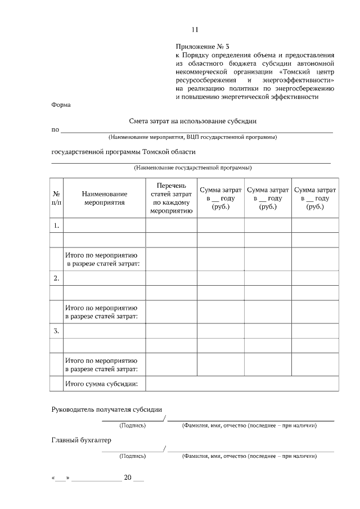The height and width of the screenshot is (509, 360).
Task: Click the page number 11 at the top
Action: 195,30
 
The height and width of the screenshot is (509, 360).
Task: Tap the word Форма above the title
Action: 61,105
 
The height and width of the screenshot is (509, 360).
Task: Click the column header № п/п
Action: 57,198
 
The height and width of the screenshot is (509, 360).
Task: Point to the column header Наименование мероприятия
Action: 104,198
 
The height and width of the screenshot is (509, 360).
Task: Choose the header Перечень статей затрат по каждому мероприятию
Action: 171,198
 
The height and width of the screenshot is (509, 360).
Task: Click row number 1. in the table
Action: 57,226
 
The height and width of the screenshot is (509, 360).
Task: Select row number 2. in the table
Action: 57,278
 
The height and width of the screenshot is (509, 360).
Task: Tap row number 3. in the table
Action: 57,331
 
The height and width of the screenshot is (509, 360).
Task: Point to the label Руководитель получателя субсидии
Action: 110,409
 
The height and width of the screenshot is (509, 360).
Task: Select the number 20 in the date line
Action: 127,478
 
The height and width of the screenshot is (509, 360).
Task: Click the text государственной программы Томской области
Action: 123,152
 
